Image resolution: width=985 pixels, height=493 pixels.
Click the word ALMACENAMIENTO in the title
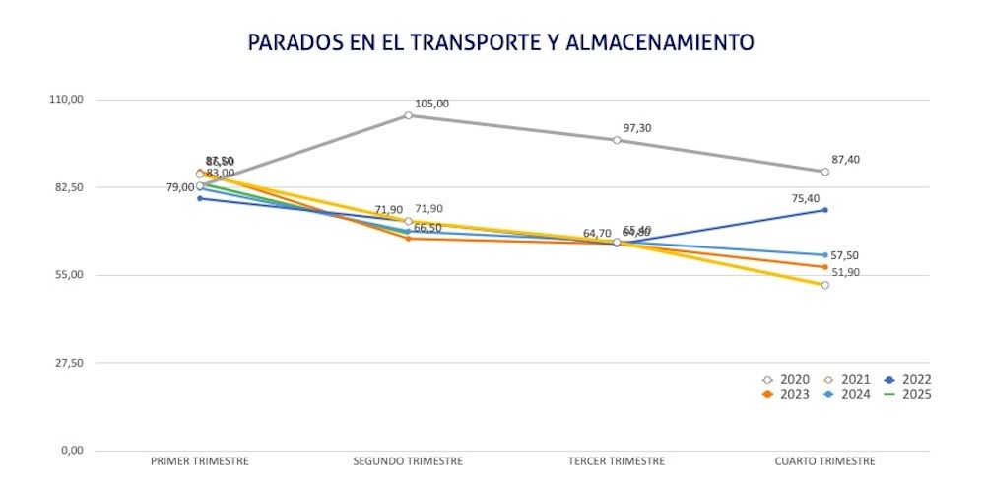(661, 42)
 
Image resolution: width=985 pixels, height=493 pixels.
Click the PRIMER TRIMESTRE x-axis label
(199, 461)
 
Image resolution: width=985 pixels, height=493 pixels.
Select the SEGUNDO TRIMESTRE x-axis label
(408, 461)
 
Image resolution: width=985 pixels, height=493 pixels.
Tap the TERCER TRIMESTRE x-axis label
(617, 461)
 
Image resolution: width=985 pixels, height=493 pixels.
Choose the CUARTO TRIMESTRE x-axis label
(824, 461)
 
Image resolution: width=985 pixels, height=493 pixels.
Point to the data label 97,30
(637, 128)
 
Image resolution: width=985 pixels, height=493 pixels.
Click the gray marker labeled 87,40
(825, 172)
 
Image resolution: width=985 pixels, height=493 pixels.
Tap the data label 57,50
(845, 255)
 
